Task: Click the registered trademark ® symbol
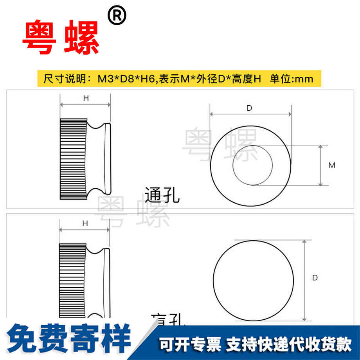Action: tap(117, 17)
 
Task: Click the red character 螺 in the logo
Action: tap(81, 38)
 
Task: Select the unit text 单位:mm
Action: tap(292, 79)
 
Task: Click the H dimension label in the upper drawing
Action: tap(86, 98)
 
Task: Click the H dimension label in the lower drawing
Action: tap(85, 223)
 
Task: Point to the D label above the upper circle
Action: tap(249, 108)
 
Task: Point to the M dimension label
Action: tap(332, 165)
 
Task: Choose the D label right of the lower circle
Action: tap(315, 277)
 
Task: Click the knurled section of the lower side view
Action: tap(72, 280)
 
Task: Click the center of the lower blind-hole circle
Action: tap(253, 280)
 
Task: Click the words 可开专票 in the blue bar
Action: tap(190, 344)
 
